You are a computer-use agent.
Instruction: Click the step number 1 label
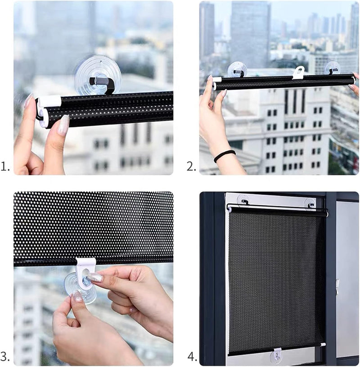(5, 167)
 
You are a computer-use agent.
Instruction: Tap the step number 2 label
(192, 167)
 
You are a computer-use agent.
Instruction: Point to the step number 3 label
(5, 357)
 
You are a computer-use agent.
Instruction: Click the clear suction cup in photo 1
(97, 74)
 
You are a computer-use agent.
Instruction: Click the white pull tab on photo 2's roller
(298, 72)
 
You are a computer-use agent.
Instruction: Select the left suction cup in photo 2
(237, 69)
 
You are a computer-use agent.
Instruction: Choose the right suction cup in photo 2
(332, 68)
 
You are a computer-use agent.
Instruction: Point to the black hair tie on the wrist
(225, 156)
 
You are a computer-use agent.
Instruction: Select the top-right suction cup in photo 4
(310, 203)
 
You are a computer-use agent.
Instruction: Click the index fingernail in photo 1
(63, 125)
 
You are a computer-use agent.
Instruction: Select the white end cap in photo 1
(50, 101)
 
